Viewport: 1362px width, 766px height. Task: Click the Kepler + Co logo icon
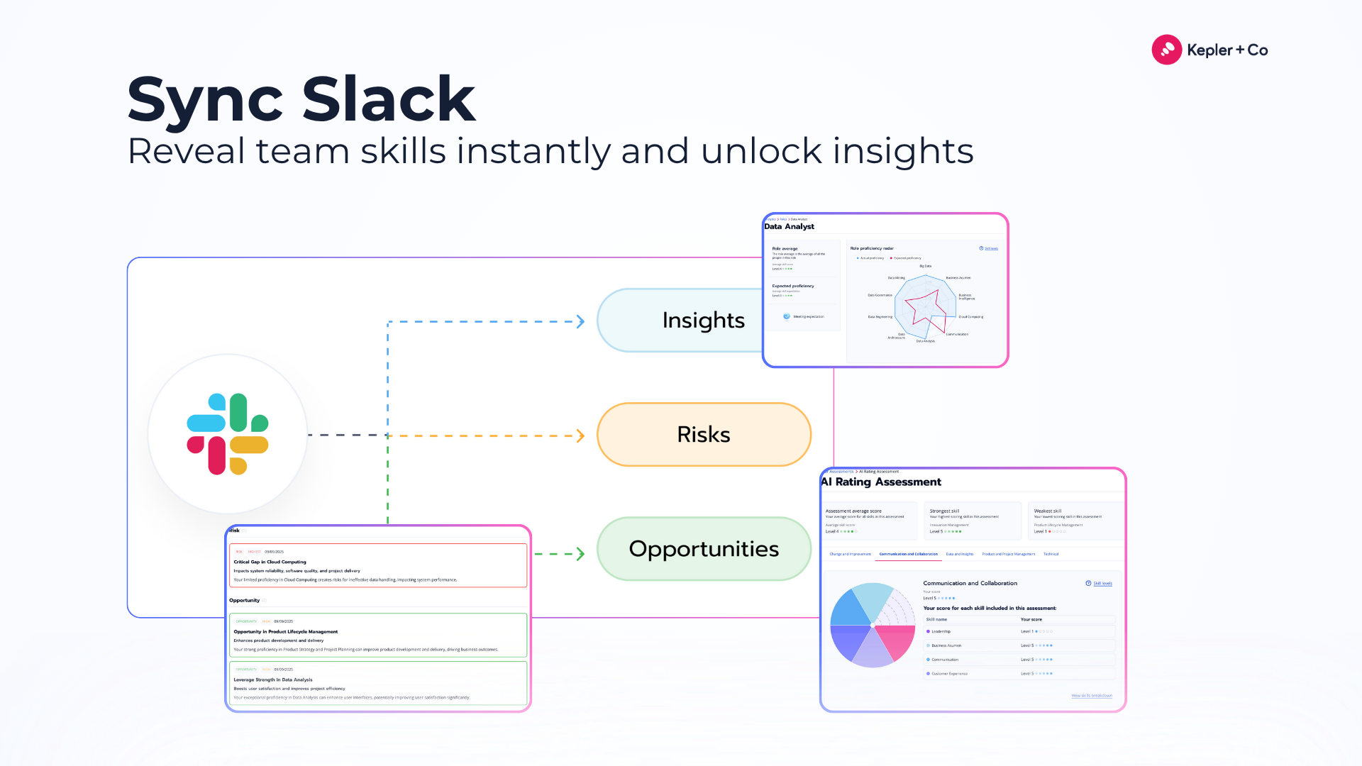(1166, 50)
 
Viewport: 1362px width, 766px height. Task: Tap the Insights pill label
(703, 321)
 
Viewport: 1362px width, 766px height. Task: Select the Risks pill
(703, 434)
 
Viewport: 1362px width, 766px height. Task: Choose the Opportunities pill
(703, 549)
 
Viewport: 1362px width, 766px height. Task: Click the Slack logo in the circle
(227, 434)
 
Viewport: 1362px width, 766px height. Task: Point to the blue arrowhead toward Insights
(580, 322)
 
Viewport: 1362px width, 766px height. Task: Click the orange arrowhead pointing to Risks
(580, 435)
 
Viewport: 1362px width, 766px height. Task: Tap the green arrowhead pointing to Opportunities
(580, 554)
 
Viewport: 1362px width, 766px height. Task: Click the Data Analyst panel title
(789, 227)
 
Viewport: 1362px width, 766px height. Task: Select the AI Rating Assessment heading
(881, 482)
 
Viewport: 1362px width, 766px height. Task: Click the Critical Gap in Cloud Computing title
(270, 562)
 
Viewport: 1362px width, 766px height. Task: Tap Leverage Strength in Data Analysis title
(273, 679)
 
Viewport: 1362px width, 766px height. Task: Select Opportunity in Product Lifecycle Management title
(285, 631)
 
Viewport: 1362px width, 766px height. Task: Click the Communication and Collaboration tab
(908, 554)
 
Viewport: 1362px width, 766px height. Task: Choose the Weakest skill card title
(1047, 511)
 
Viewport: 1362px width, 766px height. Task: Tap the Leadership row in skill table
(941, 631)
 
